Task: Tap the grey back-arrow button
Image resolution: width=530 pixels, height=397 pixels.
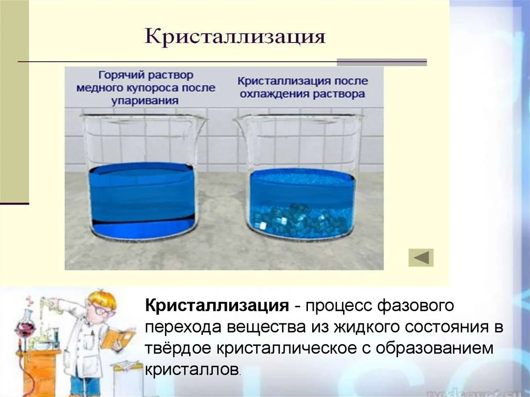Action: (x=421, y=257)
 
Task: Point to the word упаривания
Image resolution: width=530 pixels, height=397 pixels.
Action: (x=144, y=101)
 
